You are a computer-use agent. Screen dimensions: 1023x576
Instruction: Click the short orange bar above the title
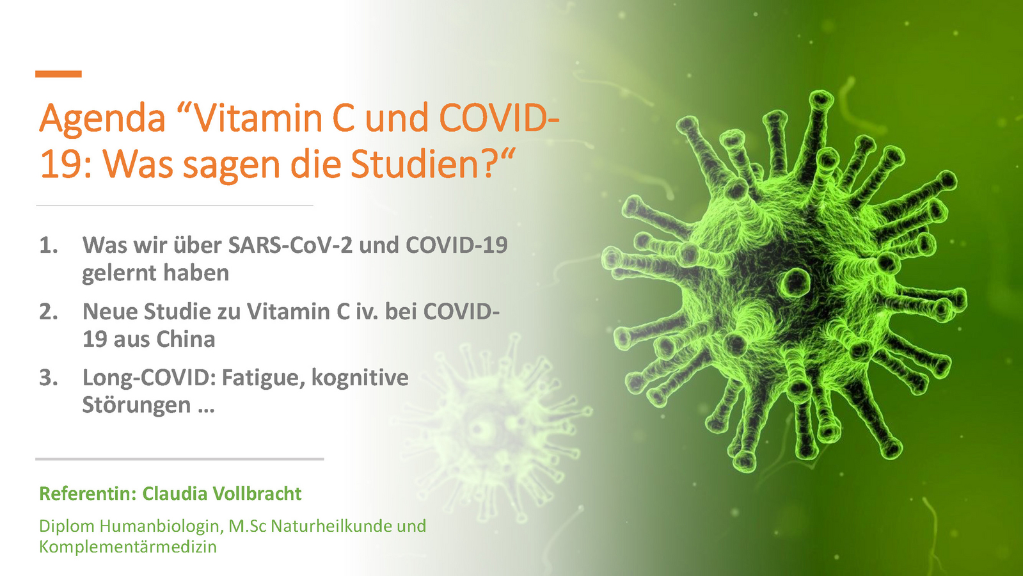[58, 74]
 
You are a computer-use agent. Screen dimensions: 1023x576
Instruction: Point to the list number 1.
[49, 245]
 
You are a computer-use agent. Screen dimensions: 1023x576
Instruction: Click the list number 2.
[49, 312]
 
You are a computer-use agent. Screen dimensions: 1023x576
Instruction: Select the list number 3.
[49, 378]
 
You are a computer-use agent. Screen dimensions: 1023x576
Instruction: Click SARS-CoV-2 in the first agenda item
[290, 245]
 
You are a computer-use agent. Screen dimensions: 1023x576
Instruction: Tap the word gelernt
[119, 274]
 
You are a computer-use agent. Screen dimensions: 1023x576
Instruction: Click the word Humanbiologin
[162, 526]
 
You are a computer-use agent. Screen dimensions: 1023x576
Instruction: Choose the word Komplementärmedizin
[128, 547]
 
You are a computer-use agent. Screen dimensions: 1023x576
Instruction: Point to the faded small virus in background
[491, 427]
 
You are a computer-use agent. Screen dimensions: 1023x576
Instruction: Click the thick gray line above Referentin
[180, 459]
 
